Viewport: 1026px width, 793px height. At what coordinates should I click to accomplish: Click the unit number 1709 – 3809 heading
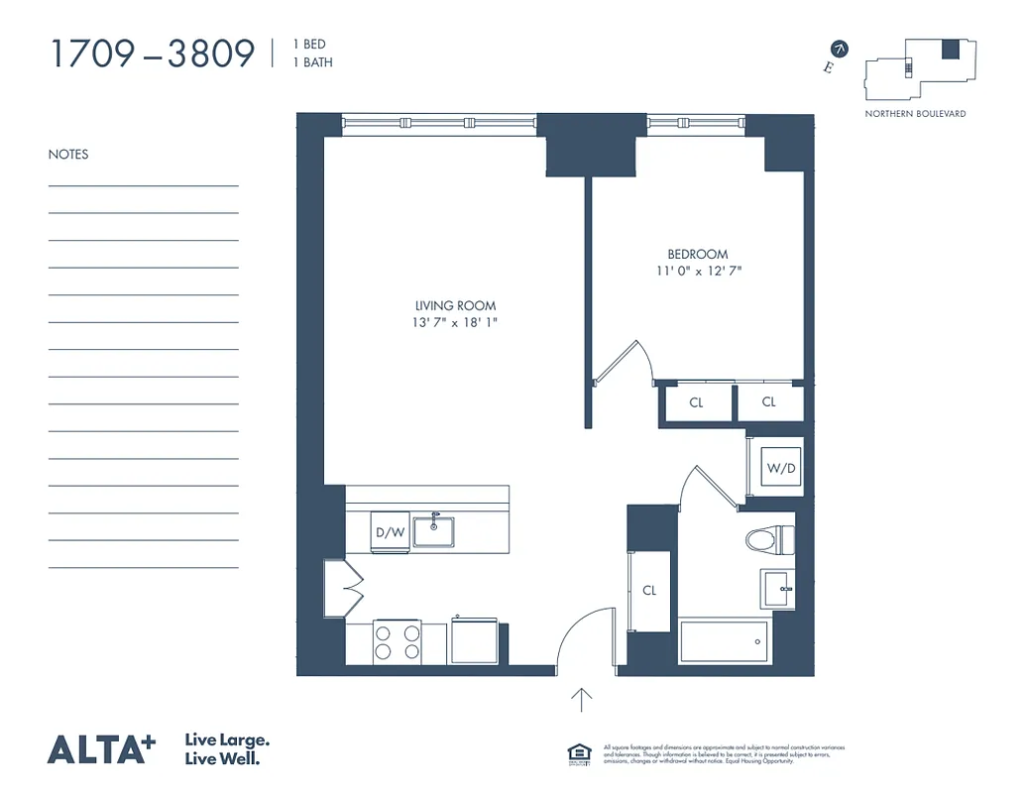pyautogui.click(x=152, y=54)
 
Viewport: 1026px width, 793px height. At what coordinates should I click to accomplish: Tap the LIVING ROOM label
pyautogui.click(x=455, y=305)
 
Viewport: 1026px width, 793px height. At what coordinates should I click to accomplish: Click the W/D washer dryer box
pyautogui.click(x=779, y=468)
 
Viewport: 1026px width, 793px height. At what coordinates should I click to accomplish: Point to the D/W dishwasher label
pyautogui.click(x=390, y=532)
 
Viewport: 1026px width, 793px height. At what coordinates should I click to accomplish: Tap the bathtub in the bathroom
pyautogui.click(x=725, y=642)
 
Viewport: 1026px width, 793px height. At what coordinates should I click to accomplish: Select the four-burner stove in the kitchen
pyautogui.click(x=397, y=641)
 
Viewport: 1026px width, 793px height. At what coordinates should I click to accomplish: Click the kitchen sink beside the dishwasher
pyautogui.click(x=433, y=531)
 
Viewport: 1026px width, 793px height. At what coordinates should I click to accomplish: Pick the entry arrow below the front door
pyautogui.click(x=582, y=700)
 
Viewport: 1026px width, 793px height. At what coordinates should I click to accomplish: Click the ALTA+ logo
pyautogui.click(x=101, y=749)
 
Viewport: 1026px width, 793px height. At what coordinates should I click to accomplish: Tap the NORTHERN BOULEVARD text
pyautogui.click(x=915, y=114)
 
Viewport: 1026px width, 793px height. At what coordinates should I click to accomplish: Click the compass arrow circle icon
pyautogui.click(x=841, y=48)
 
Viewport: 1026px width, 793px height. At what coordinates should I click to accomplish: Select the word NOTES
pyautogui.click(x=68, y=155)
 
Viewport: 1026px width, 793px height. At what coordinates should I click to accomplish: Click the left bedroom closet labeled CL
pyautogui.click(x=697, y=402)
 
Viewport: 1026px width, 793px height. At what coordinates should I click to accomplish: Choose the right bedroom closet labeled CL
pyautogui.click(x=769, y=402)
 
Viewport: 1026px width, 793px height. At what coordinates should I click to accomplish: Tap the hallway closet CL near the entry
pyautogui.click(x=649, y=590)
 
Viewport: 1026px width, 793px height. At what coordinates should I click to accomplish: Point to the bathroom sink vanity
pyautogui.click(x=777, y=588)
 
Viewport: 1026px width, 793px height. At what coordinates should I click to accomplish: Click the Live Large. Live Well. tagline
pyautogui.click(x=228, y=749)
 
